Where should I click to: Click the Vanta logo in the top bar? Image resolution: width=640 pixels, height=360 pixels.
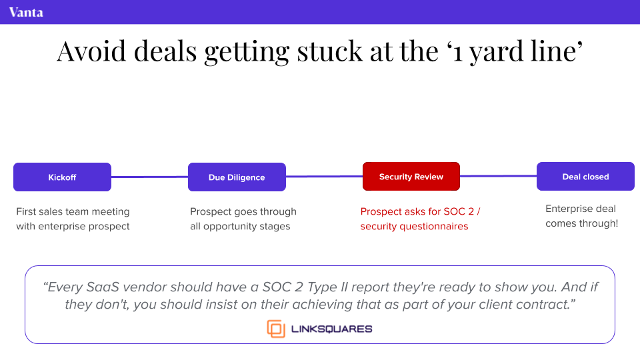(26, 12)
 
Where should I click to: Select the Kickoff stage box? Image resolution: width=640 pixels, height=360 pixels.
(63, 177)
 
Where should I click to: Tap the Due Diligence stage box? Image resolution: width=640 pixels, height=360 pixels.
(237, 177)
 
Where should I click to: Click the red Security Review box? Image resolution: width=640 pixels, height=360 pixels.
(411, 176)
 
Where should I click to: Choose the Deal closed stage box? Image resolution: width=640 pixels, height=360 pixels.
(585, 176)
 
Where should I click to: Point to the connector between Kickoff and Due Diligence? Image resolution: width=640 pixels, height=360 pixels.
(150, 177)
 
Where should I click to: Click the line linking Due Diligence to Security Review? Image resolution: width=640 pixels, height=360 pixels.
(324, 176)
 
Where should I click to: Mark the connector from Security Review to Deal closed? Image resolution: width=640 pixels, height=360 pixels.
(499, 176)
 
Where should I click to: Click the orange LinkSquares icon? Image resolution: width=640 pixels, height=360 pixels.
(276, 329)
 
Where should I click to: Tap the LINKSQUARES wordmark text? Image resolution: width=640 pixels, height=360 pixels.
(331, 329)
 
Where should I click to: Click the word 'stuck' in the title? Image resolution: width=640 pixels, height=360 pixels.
(329, 51)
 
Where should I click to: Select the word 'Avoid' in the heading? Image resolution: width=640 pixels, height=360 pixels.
(91, 51)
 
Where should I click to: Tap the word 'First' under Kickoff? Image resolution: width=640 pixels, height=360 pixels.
(26, 211)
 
